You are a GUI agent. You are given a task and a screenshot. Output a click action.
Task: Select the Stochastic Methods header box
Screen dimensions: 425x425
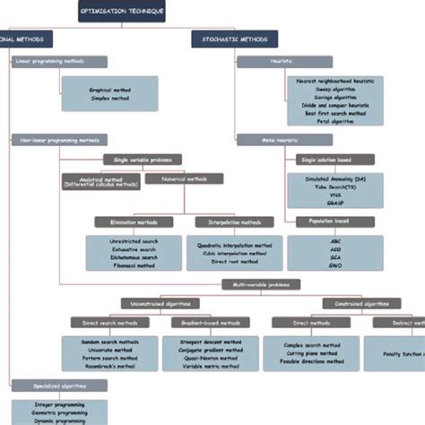tap(234, 39)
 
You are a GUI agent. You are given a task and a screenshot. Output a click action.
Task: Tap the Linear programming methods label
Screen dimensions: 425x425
tap(59, 62)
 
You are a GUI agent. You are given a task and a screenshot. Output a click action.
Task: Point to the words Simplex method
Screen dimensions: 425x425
tap(109, 99)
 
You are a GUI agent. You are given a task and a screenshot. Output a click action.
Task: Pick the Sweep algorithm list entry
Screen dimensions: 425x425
tap(333, 90)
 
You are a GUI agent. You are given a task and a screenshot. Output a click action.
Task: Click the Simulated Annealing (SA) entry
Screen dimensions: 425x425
tap(334, 179)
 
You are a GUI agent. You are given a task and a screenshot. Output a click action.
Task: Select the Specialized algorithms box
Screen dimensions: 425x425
tap(59, 385)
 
